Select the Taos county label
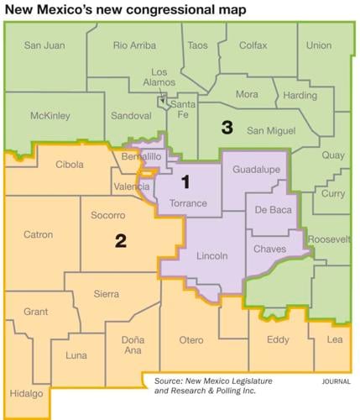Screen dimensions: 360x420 198,45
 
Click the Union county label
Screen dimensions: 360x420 319,45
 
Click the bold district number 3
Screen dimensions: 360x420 226,128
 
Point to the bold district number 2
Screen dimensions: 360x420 121,241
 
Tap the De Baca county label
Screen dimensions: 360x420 273,210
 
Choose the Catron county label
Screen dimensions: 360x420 39,236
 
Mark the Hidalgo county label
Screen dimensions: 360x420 28,394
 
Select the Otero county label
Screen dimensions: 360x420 192,340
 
